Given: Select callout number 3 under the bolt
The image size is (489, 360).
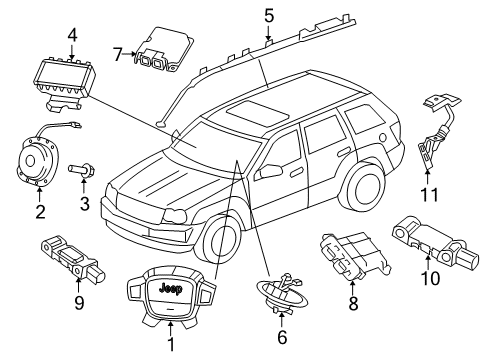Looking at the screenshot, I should click(x=85, y=205).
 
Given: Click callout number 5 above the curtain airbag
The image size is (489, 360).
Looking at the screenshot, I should click(x=269, y=14).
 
